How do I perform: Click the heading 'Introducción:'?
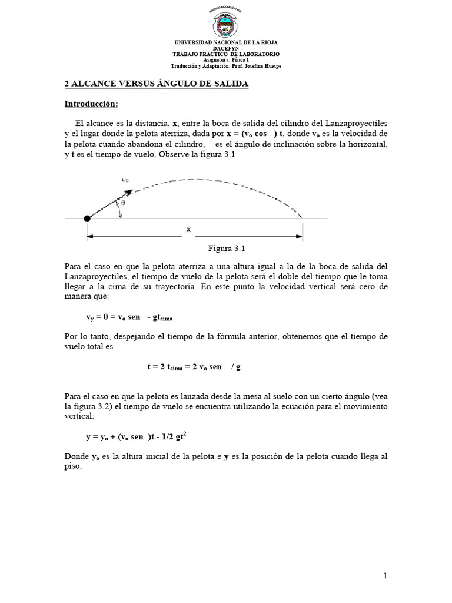[91, 104]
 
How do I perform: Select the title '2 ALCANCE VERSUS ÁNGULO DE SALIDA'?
[156, 84]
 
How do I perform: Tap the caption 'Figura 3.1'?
[227, 248]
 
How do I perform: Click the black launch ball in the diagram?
[88, 218]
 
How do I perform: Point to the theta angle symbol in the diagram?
[123, 202]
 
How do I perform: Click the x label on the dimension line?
[188, 230]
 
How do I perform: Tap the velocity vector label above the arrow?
[126, 179]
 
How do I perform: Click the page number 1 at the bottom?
[385, 576]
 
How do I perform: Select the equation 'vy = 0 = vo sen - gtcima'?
[129, 317]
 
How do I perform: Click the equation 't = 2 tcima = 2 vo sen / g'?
[194, 366]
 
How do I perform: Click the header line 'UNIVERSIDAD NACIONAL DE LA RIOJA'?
[226, 43]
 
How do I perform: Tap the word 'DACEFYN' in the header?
[226, 49]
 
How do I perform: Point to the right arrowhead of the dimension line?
[300, 237]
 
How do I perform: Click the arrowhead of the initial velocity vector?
[128, 192]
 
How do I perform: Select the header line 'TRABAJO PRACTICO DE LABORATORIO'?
[226, 54]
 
